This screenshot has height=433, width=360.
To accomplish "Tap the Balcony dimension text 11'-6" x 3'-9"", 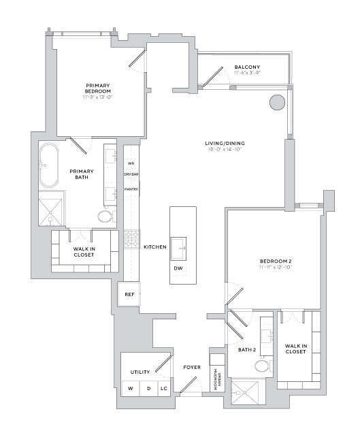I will [244, 74].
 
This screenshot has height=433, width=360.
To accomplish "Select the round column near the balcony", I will [276, 102].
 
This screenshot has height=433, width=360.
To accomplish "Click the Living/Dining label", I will [225, 143].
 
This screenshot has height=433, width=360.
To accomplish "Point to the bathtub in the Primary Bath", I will [49, 165].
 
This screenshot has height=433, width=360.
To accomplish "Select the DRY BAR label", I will [131, 175].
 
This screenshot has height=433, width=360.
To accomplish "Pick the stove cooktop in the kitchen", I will [131, 238].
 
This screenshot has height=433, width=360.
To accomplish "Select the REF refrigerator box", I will [129, 295].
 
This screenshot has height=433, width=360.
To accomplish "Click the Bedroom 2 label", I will [275, 261].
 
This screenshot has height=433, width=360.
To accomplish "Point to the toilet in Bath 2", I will [262, 366].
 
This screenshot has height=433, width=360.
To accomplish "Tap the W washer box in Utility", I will [131, 389].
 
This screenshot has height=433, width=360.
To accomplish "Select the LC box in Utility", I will [163, 389].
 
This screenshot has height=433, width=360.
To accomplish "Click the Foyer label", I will [192, 368].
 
